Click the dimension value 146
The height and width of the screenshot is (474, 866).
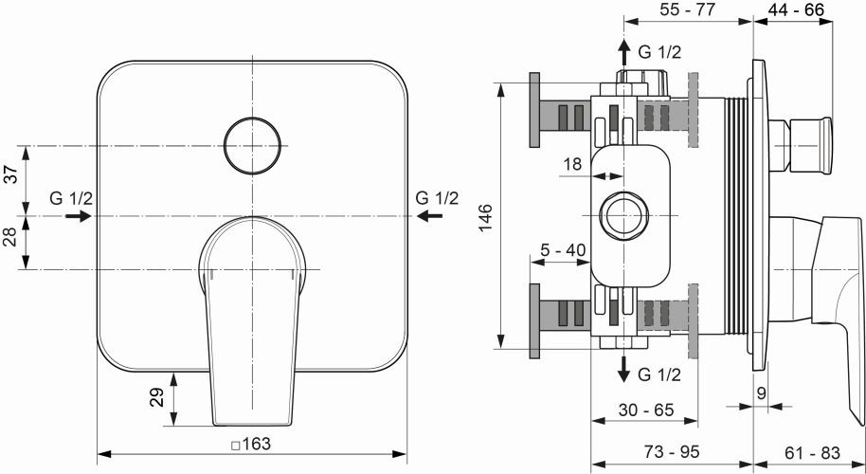(x=483, y=217)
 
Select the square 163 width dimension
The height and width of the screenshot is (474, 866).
(x=252, y=442)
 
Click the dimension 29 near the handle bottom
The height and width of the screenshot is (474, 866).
(x=158, y=396)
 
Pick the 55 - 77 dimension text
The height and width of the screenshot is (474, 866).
(x=688, y=10)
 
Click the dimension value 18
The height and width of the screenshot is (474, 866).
(x=572, y=164)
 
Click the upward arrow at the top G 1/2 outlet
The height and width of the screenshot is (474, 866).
(x=624, y=51)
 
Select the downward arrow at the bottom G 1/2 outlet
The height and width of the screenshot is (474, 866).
(x=624, y=371)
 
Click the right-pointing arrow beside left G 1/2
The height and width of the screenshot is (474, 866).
(x=79, y=216)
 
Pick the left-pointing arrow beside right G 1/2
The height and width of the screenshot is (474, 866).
(x=428, y=216)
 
